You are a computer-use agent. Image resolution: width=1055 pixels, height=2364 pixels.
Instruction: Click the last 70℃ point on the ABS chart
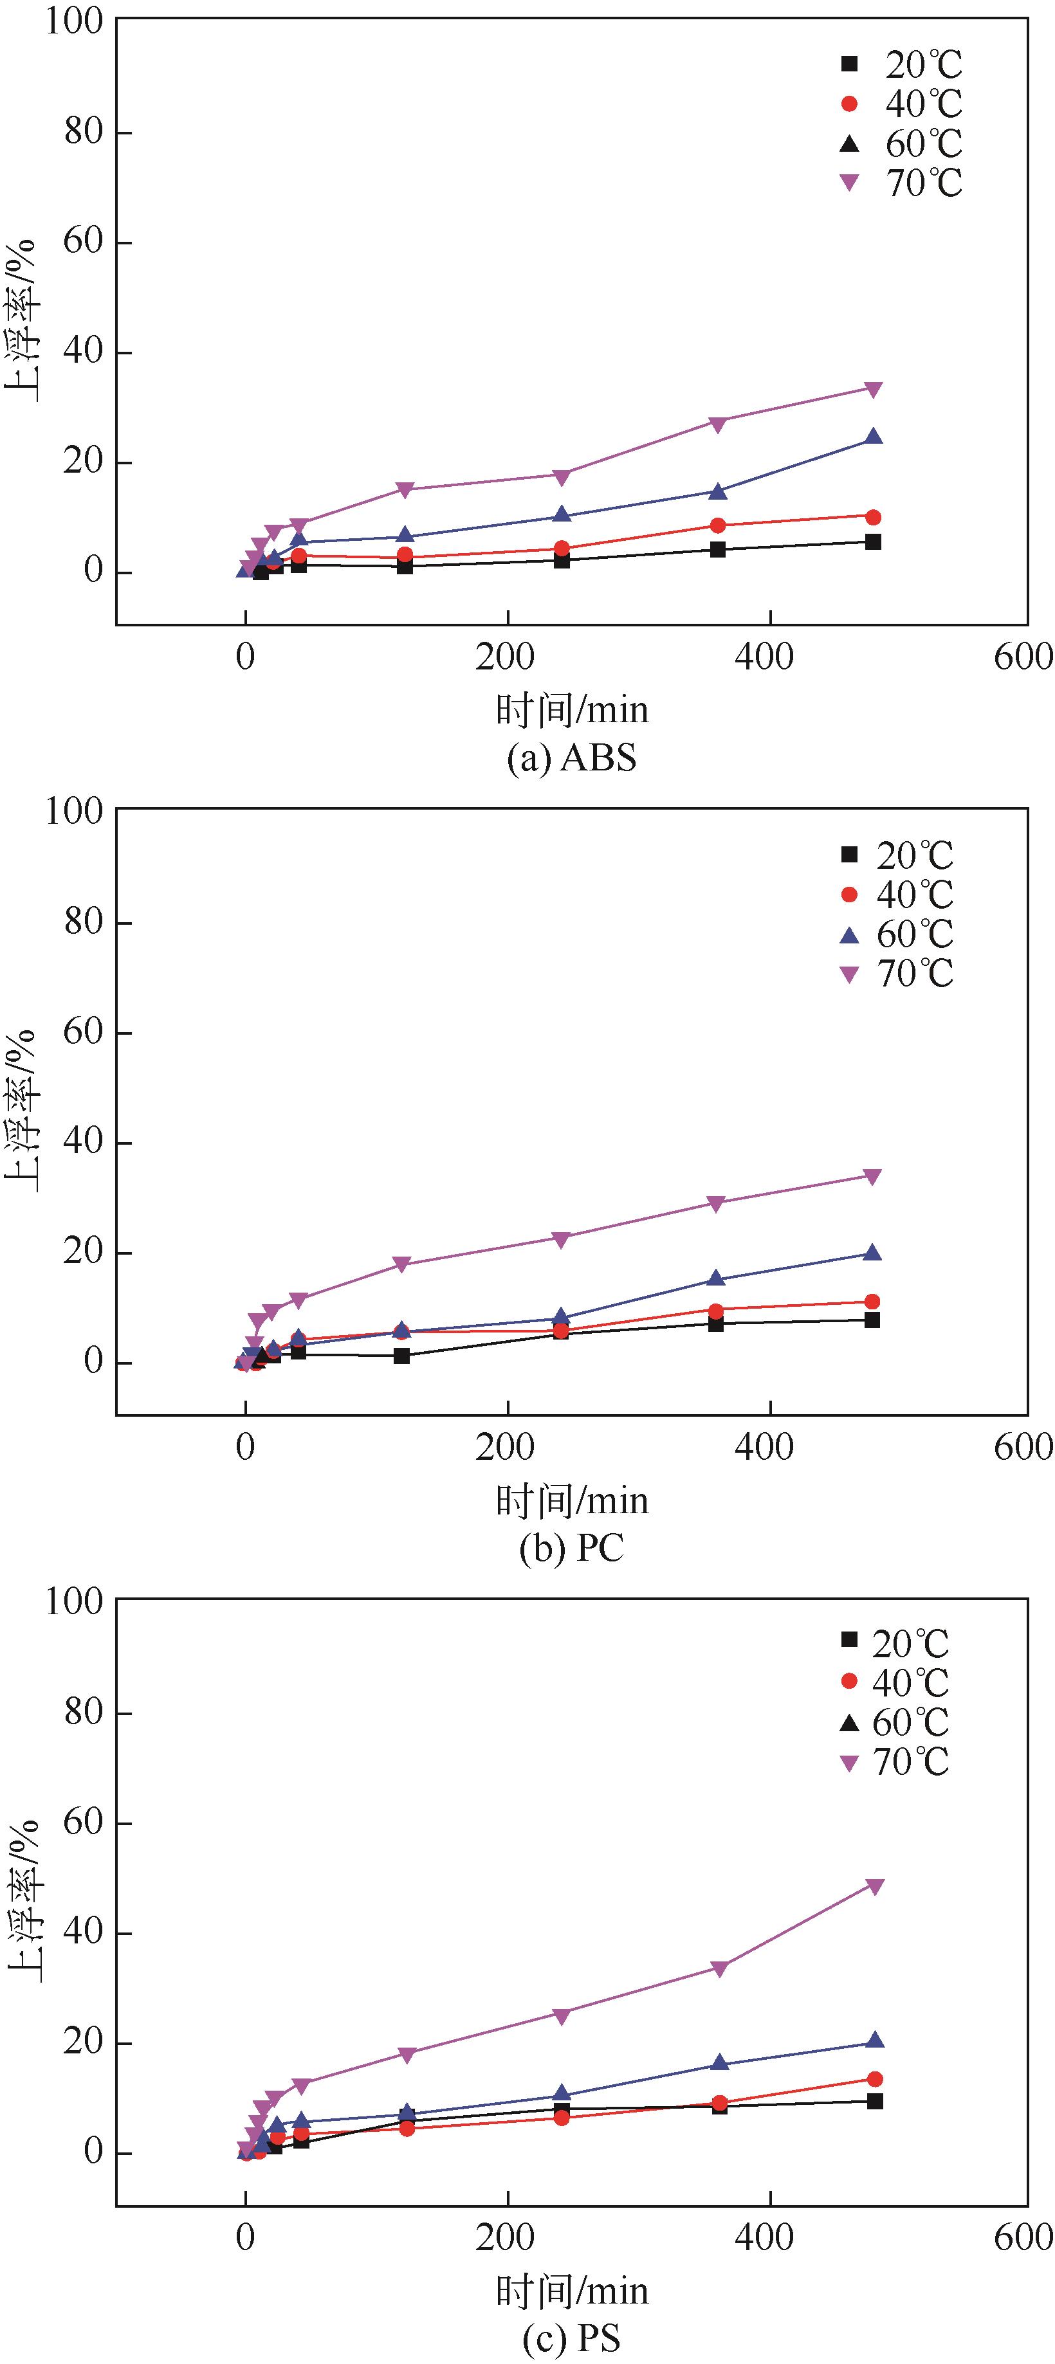tap(873, 389)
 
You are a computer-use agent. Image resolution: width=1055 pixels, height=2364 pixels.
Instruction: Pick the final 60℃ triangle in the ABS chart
tap(873, 437)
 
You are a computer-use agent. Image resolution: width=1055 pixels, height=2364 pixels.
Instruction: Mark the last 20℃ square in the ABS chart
tap(873, 541)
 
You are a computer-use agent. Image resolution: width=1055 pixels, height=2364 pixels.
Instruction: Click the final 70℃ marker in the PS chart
tap(875, 1887)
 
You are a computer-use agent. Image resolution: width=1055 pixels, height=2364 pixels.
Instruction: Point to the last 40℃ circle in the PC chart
tap(872, 1302)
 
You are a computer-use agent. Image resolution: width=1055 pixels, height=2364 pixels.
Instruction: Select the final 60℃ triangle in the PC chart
tap(872, 1253)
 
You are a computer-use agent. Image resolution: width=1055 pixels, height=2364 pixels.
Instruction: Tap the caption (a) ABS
tap(571, 758)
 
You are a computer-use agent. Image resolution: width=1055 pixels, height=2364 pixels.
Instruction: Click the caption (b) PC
tap(571, 1547)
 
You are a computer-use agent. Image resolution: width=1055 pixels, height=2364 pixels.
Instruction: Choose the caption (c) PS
tap(571, 2338)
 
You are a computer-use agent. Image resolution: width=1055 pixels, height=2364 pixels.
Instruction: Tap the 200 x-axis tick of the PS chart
tap(505, 2237)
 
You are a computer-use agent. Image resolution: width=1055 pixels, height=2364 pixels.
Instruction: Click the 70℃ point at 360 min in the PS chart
tap(719, 1968)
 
